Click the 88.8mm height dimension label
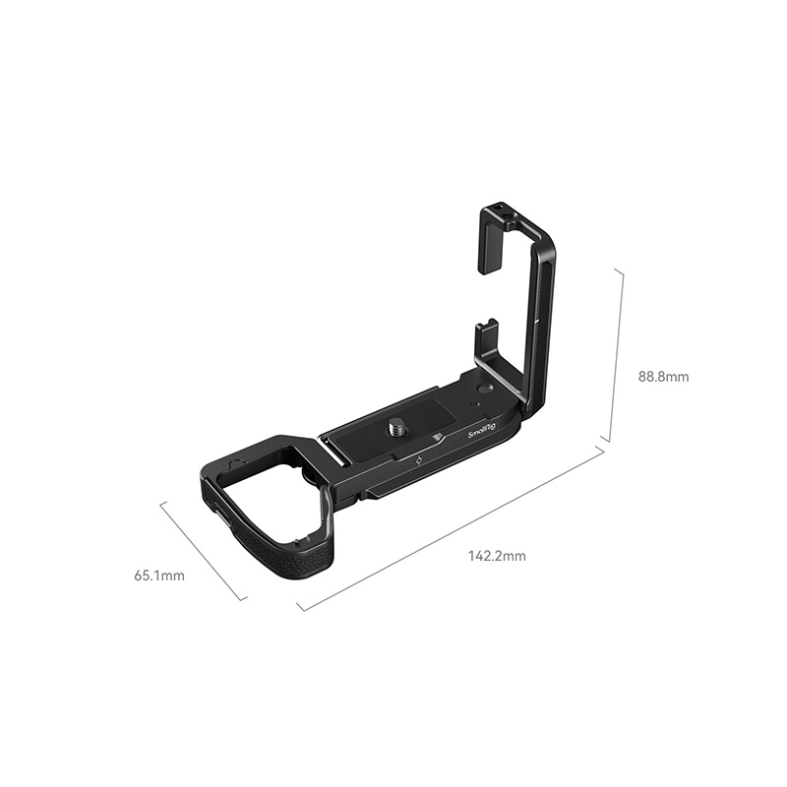point(663,377)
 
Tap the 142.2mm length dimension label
point(498,556)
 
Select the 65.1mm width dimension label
point(159,575)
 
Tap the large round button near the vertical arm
point(484,388)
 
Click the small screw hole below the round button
point(475,403)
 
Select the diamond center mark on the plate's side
point(420,462)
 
